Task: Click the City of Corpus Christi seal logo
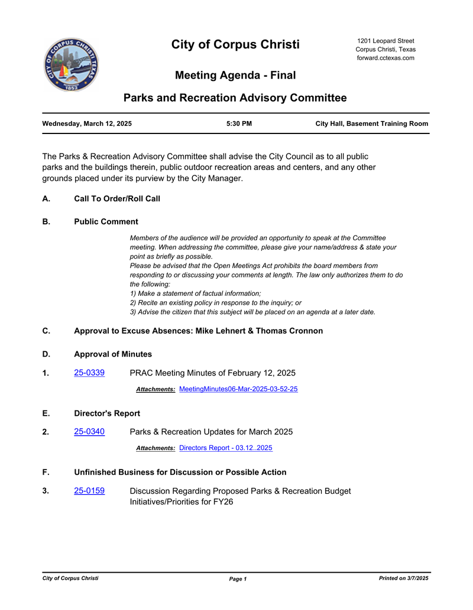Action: (x=71, y=65)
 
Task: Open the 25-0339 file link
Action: (x=89, y=373)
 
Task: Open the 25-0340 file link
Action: (x=89, y=432)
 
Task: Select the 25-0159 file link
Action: (x=89, y=491)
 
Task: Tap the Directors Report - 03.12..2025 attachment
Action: (x=225, y=448)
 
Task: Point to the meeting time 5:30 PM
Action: (x=239, y=124)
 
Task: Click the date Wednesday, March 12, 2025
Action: (x=87, y=124)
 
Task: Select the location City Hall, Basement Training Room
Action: (x=371, y=124)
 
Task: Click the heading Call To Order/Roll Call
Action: (x=116, y=199)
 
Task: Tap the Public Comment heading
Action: (x=106, y=222)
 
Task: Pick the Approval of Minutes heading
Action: (x=112, y=354)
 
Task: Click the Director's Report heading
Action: (x=106, y=413)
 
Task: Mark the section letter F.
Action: (x=46, y=472)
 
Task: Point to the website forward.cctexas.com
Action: (x=385, y=58)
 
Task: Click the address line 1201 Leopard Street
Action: (x=385, y=41)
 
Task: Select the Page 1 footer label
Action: (x=238, y=579)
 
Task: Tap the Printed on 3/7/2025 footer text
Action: (x=403, y=578)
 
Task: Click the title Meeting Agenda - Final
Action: (x=235, y=76)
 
